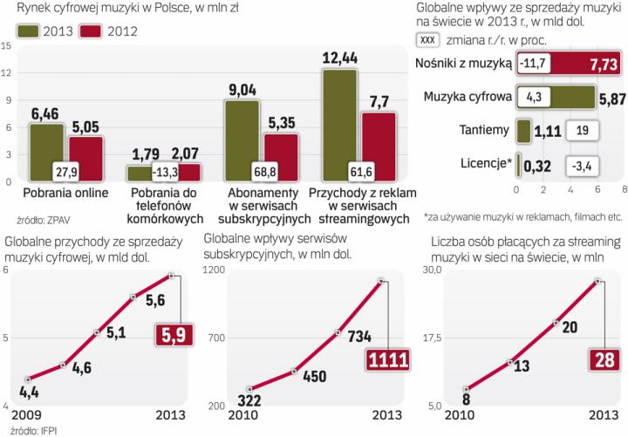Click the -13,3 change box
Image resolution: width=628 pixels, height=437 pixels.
(x=167, y=170)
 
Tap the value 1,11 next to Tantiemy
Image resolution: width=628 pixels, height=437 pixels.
(x=544, y=131)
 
